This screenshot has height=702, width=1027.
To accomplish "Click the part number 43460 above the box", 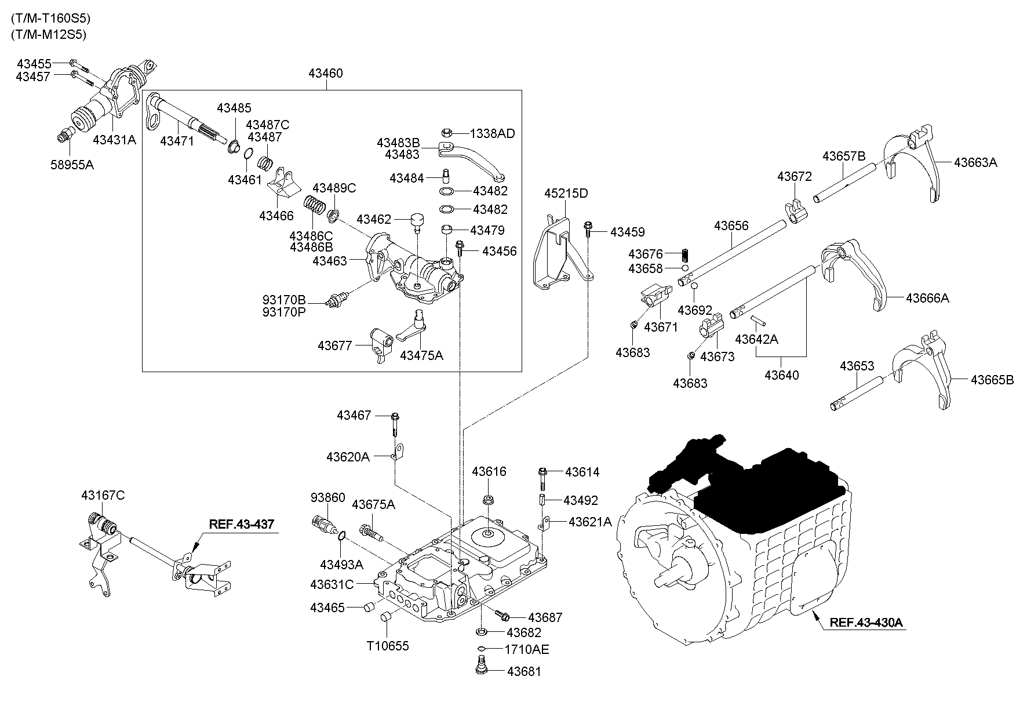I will pos(325,74).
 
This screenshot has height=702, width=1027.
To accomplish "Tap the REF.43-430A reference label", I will pos(866,623).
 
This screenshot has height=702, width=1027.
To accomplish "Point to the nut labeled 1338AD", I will pos(447,133).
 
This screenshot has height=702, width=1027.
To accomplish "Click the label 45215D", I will pos(566,193).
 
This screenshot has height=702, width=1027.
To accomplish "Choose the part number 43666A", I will pos(927,298).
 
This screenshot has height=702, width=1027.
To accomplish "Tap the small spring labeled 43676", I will pos(685,254).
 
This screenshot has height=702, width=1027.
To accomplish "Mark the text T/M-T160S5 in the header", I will pos(50,18).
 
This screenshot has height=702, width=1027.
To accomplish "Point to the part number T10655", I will pos(388,645).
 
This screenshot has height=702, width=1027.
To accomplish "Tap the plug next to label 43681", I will pos(480,667).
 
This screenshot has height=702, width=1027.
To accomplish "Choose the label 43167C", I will pos(103,496).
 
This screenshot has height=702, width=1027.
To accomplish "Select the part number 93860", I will pos(327,498).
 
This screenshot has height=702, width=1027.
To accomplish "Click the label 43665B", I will pos(992,380).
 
